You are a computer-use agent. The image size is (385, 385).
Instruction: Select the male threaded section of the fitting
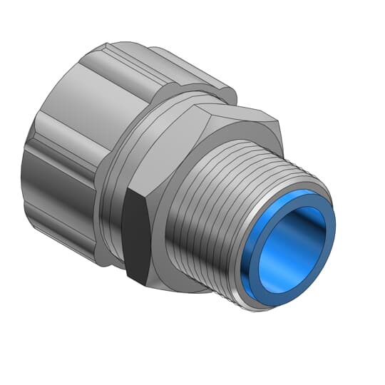[214, 214]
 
